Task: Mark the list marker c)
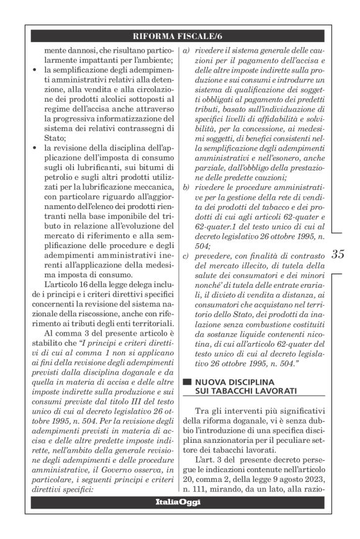[x=184, y=256]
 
